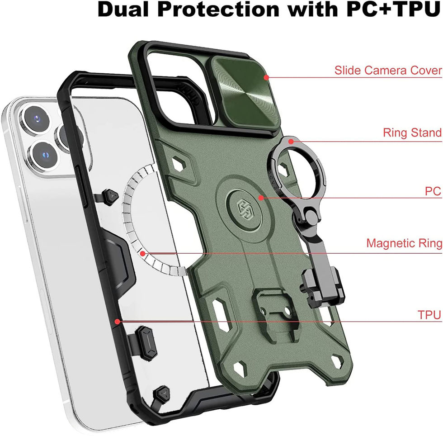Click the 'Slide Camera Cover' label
[x=388, y=71]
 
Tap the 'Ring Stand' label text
[x=412, y=133]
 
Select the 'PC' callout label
[x=433, y=191]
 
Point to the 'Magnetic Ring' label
[x=404, y=243]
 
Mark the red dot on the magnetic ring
[x=143, y=253]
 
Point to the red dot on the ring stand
[x=292, y=141]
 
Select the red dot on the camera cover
[x=266, y=78]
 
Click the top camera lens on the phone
[x=33, y=118]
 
